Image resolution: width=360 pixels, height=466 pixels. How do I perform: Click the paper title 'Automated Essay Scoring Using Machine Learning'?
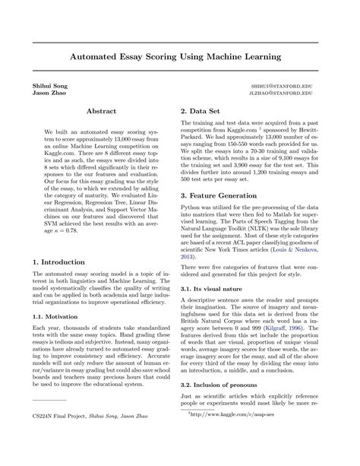180,56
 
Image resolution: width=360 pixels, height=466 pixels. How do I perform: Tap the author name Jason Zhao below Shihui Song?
44,95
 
